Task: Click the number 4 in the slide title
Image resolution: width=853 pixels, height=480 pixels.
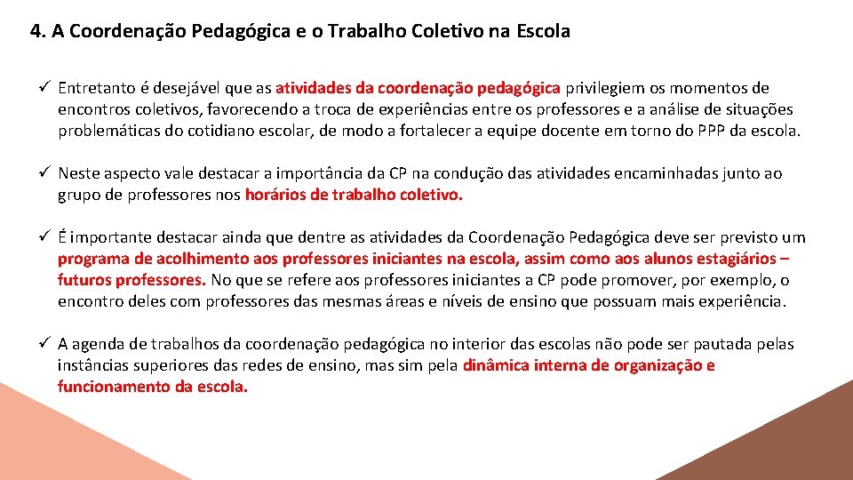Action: [x=36, y=32]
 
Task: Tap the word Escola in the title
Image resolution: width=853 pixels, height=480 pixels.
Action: [x=542, y=32]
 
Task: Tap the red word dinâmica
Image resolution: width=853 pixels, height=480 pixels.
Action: [x=496, y=365]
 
